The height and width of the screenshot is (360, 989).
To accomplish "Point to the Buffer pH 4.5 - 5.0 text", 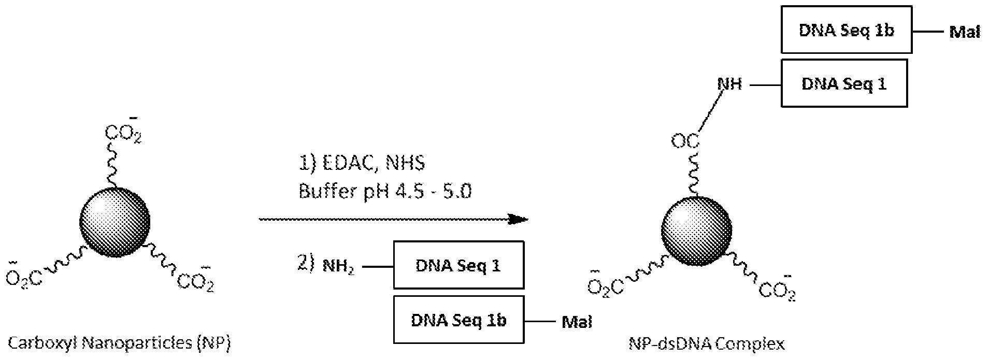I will click(x=385, y=192).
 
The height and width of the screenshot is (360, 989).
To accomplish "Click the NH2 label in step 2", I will click(x=338, y=266).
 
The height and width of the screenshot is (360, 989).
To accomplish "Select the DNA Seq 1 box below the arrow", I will click(x=458, y=265).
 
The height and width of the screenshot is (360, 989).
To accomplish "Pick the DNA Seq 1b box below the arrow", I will click(x=458, y=320).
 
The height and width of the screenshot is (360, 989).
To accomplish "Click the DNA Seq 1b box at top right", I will click(x=846, y=30).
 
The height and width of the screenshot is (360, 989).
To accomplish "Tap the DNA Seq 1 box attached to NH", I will click(x=844, y=83).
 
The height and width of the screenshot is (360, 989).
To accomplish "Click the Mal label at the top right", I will click(x=965, y=32).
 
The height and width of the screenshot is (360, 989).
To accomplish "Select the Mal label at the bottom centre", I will click(x=577, y=322).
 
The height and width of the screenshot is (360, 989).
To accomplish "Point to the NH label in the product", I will click(x=729, y=83).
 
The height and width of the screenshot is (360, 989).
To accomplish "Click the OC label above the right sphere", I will click(x=685, y=140).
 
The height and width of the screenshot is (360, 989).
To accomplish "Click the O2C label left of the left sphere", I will click(x=24, y=277).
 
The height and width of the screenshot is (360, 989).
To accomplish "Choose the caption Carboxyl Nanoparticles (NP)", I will click(x=119, y=342).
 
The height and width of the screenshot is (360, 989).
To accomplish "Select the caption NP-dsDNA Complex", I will click(x=707, y=343).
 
